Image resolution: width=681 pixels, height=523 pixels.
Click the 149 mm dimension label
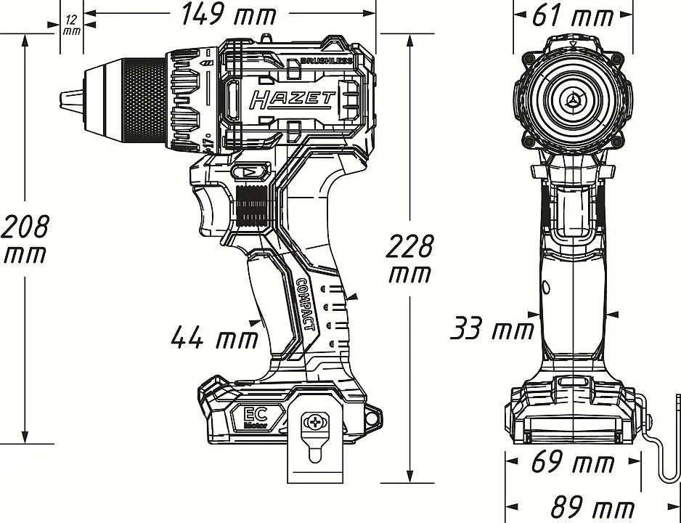point(229,14)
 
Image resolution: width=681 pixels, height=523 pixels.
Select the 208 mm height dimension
point(26,240)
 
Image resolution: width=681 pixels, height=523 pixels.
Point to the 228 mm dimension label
point(409,259)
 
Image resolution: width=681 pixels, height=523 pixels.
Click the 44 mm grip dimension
point(214,337)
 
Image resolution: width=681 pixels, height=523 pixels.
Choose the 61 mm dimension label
point(573,15)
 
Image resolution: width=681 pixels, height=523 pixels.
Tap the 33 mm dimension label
point(492,329)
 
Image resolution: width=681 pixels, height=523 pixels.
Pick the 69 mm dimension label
point(573,463)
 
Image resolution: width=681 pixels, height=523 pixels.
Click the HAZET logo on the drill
point(292,99)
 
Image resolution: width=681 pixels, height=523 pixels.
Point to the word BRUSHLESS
point(325,61)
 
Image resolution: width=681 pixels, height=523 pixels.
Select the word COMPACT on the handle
point(306,304)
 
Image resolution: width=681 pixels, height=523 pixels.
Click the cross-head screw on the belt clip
point(315,421)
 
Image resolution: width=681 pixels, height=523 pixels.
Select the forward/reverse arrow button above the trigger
point(248,173)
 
